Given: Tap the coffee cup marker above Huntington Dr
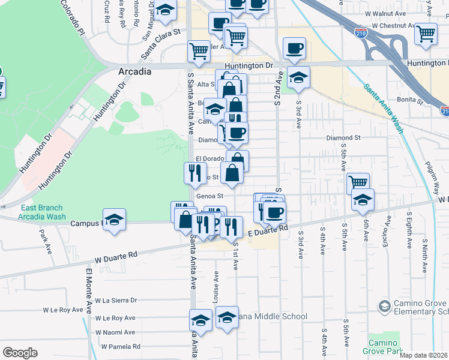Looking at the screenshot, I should [x=294, y=49].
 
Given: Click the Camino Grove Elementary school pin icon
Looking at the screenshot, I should [x=384, y=307].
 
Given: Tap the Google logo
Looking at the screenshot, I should [x=20, y=353].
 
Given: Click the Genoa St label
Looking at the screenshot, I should [x=209, y=196].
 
